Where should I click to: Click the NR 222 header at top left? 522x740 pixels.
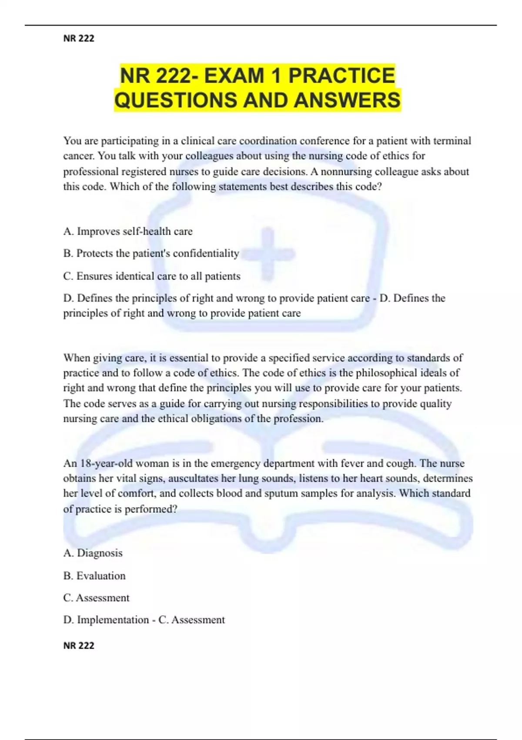pyautogui.click(x=79, y=38)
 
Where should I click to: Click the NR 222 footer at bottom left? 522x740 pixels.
pyautogui.click(x=79, y=646)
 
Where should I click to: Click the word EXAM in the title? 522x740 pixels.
pyautogui.click(x=234, y=76)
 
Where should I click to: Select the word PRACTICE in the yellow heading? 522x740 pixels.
pyautogui.click(x=341, y=76)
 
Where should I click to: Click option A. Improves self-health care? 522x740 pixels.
pyautogui.click(x=128, y=232)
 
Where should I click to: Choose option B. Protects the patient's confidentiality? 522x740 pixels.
pyautogui.click(x=151, y=253)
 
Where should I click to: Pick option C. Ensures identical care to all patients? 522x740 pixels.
pyautogui.click(x=151, y=276)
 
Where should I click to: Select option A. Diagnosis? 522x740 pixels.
pyautogui.click(x=93, y=553)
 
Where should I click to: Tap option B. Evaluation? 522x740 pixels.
pyautogui.click(x=94, y=576)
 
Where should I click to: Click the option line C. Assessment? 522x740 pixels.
pyautogui.click(x=96, y=598)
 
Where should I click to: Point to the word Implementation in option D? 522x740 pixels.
pyautogui.click(x=113, y=620)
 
